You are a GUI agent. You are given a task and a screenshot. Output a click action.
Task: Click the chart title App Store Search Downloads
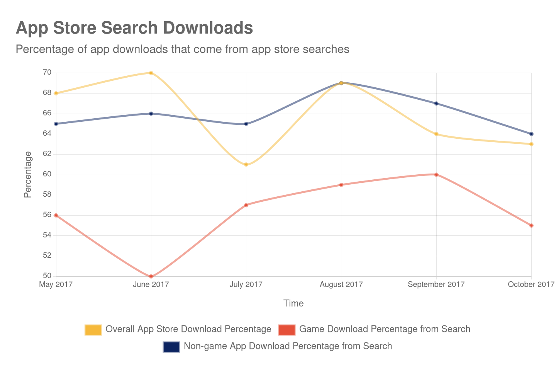[x=134, y=28]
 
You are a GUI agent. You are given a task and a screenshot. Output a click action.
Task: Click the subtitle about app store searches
[x=182, y=49]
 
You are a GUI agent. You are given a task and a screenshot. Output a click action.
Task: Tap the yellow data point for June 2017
[x=151, y=73]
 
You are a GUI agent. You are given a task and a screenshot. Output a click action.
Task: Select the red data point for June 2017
[x=151, y=276]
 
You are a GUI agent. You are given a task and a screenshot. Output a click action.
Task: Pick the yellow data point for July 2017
[x=246, y=165]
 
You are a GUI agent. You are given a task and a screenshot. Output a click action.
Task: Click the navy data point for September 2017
[x=436, y=104]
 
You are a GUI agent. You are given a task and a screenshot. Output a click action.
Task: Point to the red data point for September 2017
[x=436, y=174]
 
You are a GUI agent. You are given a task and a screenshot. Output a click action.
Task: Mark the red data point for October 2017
[x=531, y=225]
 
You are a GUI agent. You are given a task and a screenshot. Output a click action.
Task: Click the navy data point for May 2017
[x=56, y=124]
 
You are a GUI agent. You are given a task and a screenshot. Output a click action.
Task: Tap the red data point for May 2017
[x=56, y=215]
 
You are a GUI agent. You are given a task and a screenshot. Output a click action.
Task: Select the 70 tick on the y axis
[x=47, y=72]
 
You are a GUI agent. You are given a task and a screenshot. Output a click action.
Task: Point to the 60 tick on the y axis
[x=47, y=174]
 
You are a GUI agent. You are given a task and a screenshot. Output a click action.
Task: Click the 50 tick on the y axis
[x=47, y=276]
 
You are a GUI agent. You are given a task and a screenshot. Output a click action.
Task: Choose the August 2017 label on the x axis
[x=341, y=284]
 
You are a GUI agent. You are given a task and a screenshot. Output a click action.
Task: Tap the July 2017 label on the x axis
[x=246, y=284]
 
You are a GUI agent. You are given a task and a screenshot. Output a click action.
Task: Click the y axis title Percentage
[x=27, y=174]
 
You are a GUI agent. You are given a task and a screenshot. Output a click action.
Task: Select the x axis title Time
[x=293, y=303]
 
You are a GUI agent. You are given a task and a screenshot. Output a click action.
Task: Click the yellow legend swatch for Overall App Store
[x=93, y=330]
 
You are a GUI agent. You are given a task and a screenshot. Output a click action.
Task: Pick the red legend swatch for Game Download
[x=286, y=330]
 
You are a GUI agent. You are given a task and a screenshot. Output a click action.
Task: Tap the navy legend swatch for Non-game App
[x=171, y=347]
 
